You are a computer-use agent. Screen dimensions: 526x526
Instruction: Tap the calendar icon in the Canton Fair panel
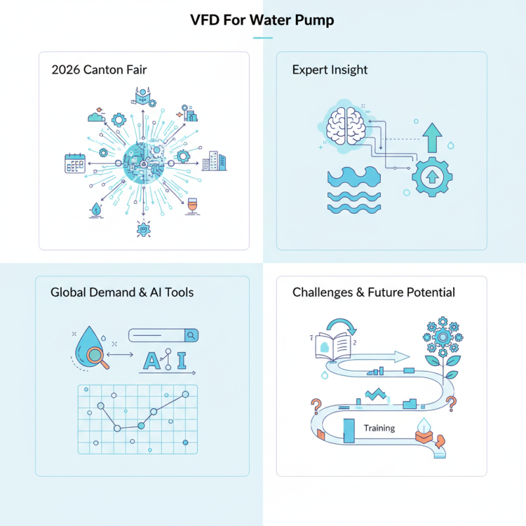coord(76,162)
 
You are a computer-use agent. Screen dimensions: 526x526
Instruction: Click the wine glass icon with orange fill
coord(193,206)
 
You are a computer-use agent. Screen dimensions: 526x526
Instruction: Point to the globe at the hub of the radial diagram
coord(144,162)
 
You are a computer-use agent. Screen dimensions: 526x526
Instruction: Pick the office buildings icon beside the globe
coord(213,162)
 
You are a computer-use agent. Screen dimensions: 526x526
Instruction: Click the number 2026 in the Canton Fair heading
coord(65,70)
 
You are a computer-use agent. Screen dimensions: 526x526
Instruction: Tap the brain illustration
coord(347,124)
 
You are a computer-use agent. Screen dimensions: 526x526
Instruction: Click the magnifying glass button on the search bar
coord(191,335)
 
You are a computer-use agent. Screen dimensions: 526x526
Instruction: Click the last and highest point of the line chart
coord(185,394)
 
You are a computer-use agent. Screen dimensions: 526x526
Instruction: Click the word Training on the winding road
coord(379,428)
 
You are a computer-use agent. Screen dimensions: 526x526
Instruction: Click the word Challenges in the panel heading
coord(322,292)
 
